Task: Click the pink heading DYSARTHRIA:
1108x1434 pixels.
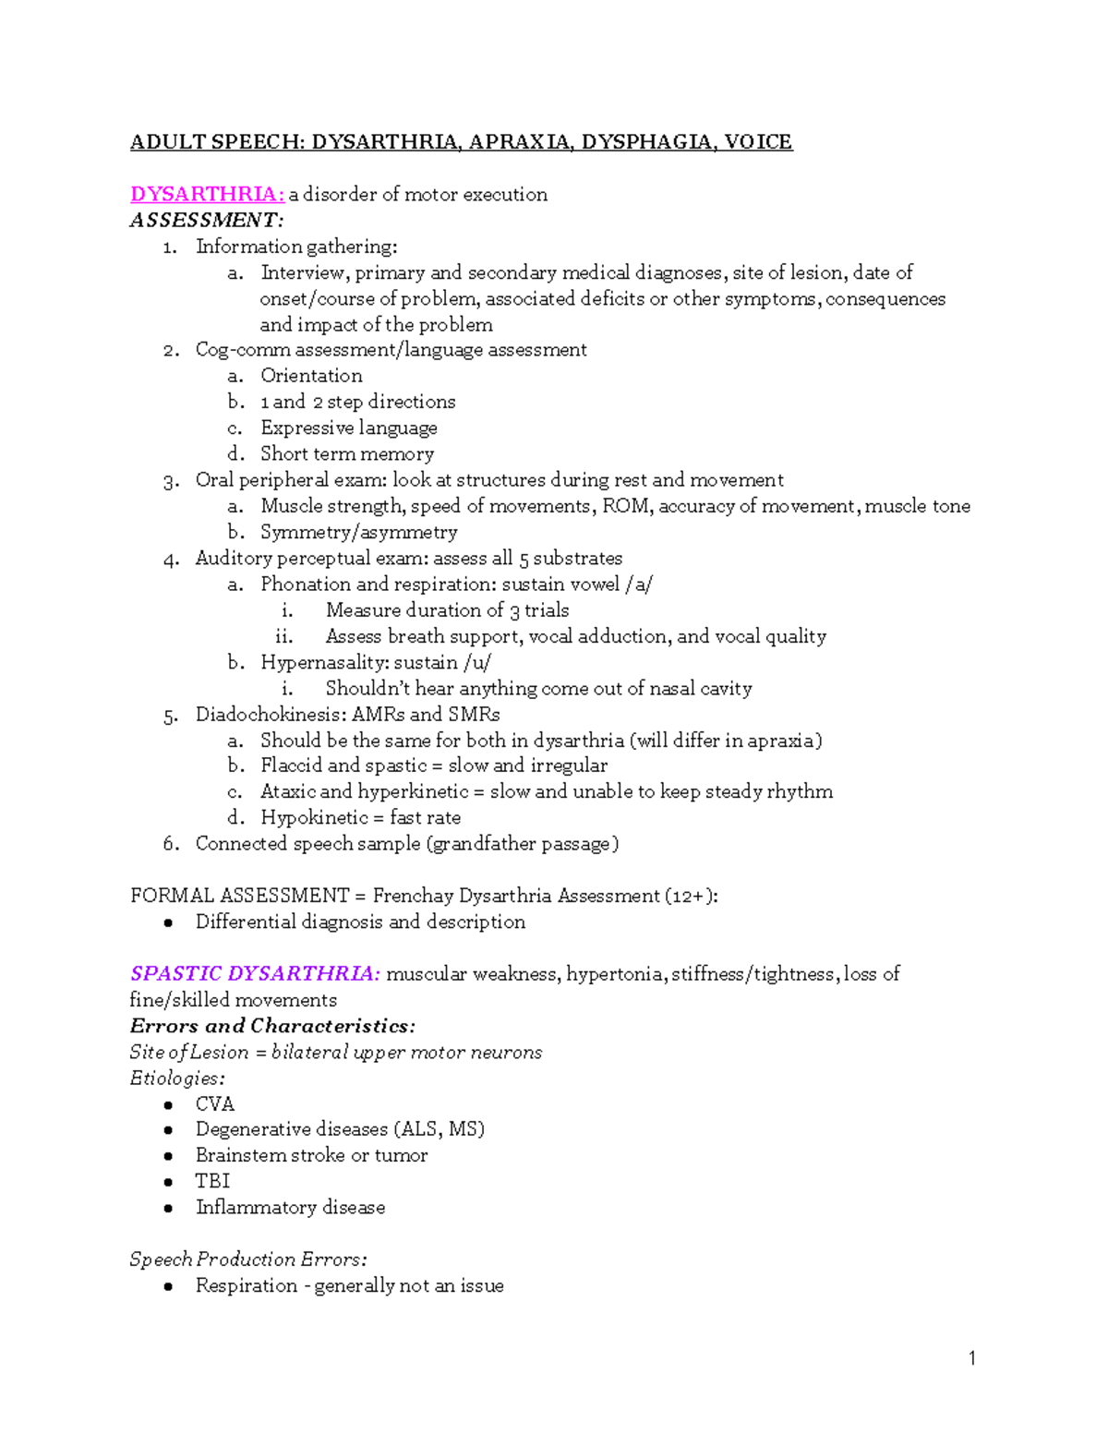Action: coord(207,194)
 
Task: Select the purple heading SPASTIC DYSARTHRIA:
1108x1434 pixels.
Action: coord(255,974)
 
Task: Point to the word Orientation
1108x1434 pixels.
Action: coord(311,376)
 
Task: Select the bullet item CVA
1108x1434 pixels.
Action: coord(215,1104)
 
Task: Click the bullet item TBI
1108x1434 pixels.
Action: coord(212,1181)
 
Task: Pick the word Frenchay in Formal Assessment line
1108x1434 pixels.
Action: coord(412,896)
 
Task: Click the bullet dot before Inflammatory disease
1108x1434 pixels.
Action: coord(168,1208)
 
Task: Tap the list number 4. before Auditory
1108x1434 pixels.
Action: coord(171,559)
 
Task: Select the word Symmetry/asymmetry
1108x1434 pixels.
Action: coord(359,533)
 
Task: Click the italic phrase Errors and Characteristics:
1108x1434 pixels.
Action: coord(272,1026)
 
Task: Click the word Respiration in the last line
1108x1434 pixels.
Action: coord(247,1285)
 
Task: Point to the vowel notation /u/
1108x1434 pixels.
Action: coord(477,662)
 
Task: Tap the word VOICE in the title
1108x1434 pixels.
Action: coord(758,142)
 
